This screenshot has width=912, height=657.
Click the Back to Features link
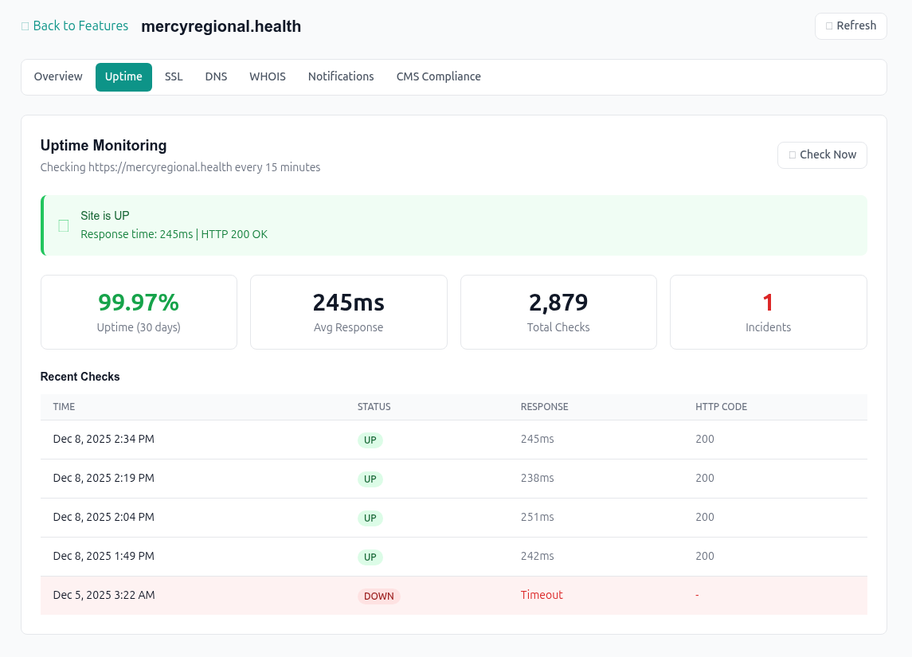pos(75,26)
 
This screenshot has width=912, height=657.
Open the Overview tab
pos(58,77)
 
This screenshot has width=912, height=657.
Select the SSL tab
pos(174,77)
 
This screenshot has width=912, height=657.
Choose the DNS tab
pos(216,77)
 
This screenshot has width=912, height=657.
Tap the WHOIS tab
pos(268,77)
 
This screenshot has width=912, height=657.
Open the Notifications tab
pos(341,77)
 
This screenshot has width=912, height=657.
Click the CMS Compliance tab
pos(438,77)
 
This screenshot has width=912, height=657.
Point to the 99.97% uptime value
pos(139,303)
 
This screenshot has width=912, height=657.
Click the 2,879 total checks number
pos(558,303)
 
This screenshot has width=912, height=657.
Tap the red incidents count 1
pos(768,303)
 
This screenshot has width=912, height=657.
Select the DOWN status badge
pos(378,596)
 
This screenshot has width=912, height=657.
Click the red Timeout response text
pos(542,595)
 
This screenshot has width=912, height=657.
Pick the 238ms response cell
pos(537,479)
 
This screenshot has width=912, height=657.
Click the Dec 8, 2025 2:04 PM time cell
pos(104,518)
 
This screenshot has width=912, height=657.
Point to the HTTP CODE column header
pos(721,407)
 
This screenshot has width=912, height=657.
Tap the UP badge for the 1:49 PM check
pos(370,557)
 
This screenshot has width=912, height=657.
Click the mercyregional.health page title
pos(221,26)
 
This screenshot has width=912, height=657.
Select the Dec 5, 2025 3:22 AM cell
pos(104,595)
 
